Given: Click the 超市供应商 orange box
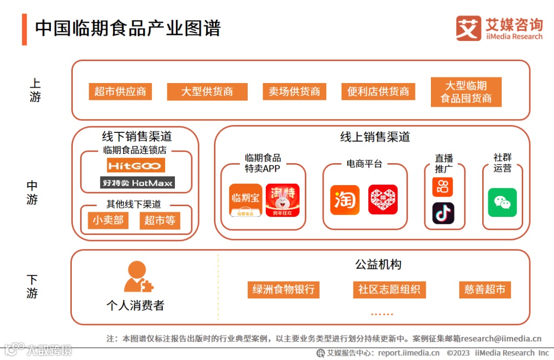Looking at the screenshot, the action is click(x=120, y=92).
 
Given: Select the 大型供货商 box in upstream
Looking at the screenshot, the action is click(x=207, y=92).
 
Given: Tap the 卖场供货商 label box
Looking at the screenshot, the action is click(x=294, y=92).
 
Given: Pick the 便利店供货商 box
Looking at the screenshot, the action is click(x=378, y=92).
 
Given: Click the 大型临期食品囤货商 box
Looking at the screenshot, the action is click(x=466, y=92).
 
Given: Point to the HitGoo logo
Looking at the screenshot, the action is click(x=136, y=165).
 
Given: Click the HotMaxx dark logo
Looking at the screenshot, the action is click(x=137, y=183).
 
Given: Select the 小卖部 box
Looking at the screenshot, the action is click(x=108, y=221).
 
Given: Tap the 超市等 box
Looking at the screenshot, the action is click(x=160, y=221).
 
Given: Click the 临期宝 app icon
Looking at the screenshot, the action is click(x=246, y=200).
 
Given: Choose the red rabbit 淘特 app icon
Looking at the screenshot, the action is click(x=283, y=200).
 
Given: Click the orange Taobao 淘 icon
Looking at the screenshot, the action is click(x=345, y=199).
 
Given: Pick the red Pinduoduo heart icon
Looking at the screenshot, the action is click(x=383, y=199).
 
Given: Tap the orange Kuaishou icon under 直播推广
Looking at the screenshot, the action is click(x=443, y=187).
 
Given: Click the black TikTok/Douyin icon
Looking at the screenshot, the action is click(x=443, y=213).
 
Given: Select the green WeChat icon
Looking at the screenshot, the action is click(x=502, y=203).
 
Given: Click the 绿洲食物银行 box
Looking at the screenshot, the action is click(x=283, y=289).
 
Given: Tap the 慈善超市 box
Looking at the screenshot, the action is click(x=485, y=289).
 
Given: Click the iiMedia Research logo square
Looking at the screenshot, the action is click(x=468, y=28).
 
